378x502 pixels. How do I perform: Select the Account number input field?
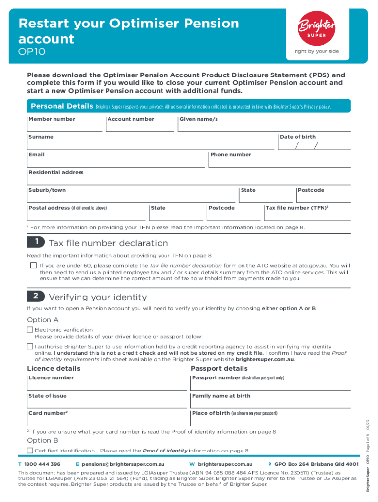pos(140,126)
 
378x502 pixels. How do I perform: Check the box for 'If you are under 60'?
pos(33,265)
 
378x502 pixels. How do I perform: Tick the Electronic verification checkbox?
pos(30,330)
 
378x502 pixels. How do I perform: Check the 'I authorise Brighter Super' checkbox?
pos(30,347)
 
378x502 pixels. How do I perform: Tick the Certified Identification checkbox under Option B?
pos(30,451)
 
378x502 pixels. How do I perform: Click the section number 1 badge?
pos(36,243)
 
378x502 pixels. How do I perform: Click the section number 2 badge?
pos(36,297)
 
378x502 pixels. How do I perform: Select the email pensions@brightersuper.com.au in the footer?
pos(123,464)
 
